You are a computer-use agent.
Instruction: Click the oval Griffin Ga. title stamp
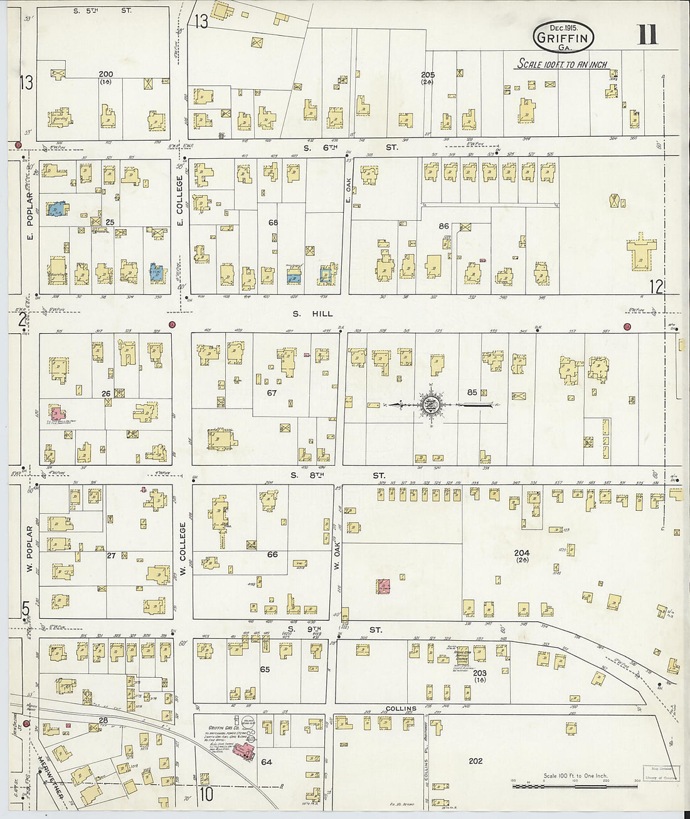[563, 38]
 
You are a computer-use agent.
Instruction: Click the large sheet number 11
[647, 35]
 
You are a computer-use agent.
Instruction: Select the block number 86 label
[444, 226]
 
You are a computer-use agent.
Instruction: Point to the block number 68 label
[273, 222]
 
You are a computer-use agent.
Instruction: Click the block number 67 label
[272, 393]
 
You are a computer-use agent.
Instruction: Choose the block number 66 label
[272, 554]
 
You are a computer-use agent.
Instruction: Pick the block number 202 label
[475, 761]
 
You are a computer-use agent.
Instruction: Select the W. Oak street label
[337, 557]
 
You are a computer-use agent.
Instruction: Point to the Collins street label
[401, 709]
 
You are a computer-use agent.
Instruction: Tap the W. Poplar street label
[29, 550]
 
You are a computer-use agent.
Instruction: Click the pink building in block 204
[383, 586]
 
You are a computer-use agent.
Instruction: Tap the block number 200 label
[105, 74]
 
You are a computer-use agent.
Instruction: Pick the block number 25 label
[110, 222]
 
